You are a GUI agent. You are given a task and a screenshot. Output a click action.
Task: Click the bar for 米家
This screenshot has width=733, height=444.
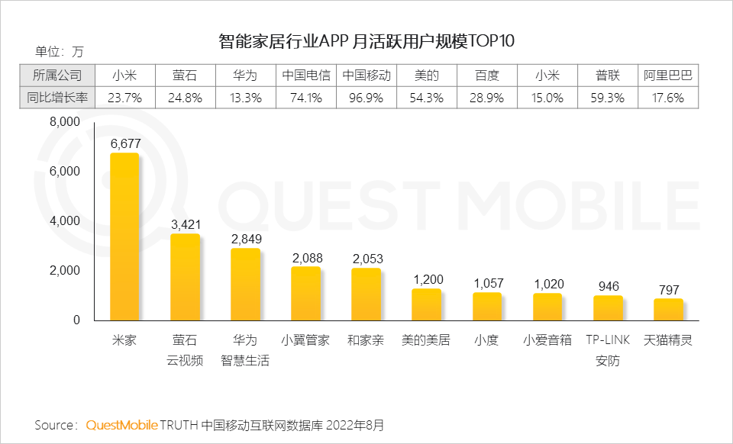tap(124, 236)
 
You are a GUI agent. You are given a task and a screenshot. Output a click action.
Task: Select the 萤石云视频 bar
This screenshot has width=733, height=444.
tap(185, 277)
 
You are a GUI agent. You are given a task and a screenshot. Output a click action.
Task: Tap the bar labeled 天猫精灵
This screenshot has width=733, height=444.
tap(668, 309)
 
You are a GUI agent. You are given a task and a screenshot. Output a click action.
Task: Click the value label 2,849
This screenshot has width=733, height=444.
tap(246, 239)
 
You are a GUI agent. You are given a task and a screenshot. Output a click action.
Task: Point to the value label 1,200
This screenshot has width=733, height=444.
tap(428, 280)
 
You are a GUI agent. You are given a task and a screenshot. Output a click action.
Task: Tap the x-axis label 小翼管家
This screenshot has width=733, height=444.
tap(305, 340)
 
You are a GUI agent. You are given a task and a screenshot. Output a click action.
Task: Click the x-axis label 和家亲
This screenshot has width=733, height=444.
tap(366, 340)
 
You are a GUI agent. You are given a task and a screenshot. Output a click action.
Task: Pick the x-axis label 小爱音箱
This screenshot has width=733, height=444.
tap(547, 340)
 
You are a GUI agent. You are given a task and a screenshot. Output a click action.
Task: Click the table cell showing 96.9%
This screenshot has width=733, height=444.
tap(366, 98)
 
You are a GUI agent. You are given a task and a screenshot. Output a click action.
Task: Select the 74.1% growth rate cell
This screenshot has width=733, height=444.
tap(306, 98)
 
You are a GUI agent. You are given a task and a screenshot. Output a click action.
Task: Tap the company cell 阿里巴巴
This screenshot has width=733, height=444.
tap(668, 76)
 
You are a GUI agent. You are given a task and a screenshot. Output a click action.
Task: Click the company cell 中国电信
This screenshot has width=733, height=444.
tap(306, 76)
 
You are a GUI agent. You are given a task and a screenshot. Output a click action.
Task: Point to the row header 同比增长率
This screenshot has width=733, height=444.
tap(57, 98)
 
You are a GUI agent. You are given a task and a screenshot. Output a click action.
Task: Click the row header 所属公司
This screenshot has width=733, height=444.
tap(57, 76)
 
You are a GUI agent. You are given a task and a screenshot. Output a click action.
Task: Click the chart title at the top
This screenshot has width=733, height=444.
tap(366, 40)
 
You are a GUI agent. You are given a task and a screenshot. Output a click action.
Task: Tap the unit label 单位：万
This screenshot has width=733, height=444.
tap(60, 52)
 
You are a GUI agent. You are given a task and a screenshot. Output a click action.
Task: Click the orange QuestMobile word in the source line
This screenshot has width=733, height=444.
tap(122, 424)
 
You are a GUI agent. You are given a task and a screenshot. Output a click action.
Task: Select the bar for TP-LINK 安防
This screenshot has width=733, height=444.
tap(608, 307)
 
